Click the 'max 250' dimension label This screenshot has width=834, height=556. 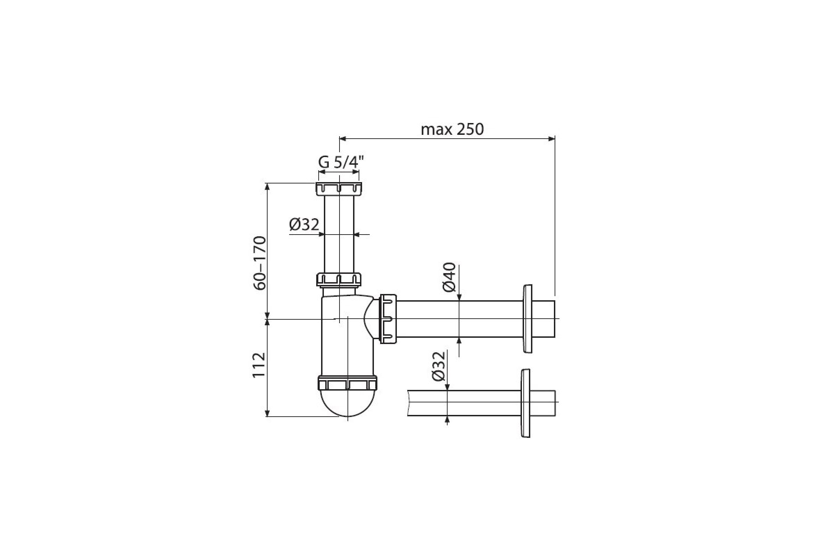point(452,129)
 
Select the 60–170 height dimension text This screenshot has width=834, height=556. point(259,263)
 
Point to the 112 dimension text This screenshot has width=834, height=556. point(259,365)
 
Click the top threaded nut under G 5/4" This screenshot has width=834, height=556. point(338,189)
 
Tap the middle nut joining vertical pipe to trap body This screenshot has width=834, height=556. point(338,279)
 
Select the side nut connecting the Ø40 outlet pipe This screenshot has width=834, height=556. point(388,318)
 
